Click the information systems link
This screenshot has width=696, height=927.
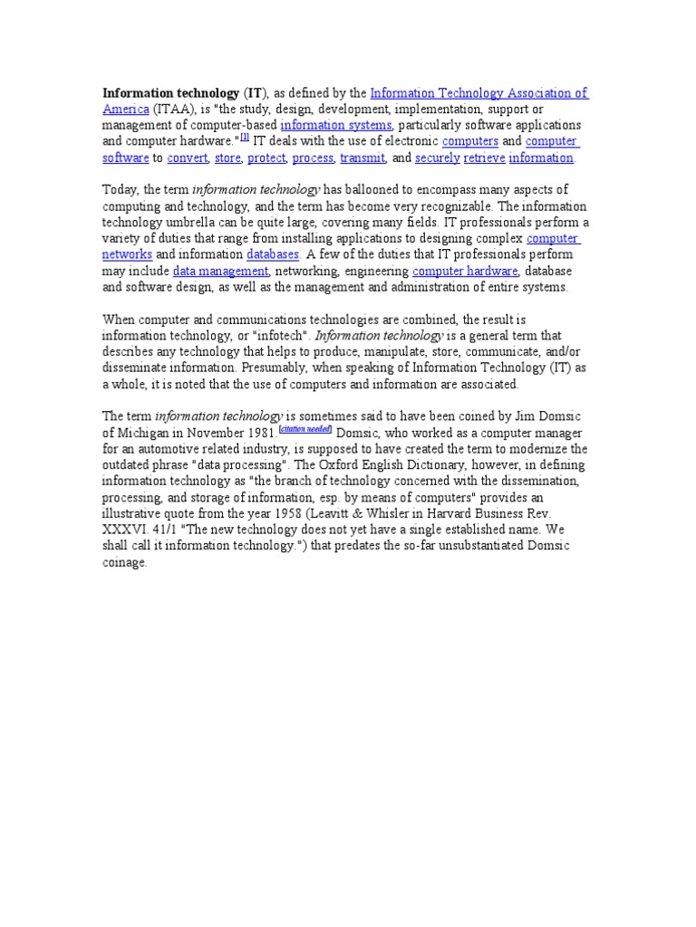tap(335, 125)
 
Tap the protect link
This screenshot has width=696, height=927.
tap(266, 158)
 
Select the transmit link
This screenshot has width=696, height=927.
tap(362, 158)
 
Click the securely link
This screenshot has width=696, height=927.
tap(437, 158)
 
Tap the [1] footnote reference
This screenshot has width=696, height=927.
tap(245, 139)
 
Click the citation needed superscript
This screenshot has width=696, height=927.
tap(306, 429)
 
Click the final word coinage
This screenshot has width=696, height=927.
tap(124, 563)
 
